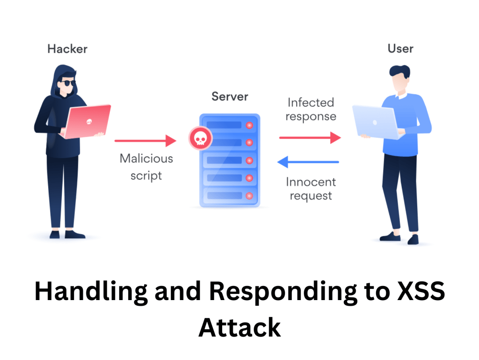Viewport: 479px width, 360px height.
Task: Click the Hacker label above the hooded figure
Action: coord(67,49)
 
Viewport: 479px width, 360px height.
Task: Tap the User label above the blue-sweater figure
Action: coord(400,49)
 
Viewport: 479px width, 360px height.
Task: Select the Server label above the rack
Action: coord(230,97)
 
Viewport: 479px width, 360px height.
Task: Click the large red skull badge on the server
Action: coord(200,138)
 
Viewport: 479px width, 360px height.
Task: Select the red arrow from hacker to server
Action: coord(145,140)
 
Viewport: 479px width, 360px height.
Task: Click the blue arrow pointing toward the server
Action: coord(308,162)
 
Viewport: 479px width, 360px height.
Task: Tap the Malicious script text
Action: coord(146,167)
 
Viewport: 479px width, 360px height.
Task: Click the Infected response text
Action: coord(311,109)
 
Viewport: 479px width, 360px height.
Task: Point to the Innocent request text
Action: coord(311,188)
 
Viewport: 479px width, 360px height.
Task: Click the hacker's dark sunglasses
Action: coord(68,83)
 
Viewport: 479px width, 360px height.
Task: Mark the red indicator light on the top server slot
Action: coord(249,125)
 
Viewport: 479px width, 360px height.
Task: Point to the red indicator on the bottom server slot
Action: coord(249,195)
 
